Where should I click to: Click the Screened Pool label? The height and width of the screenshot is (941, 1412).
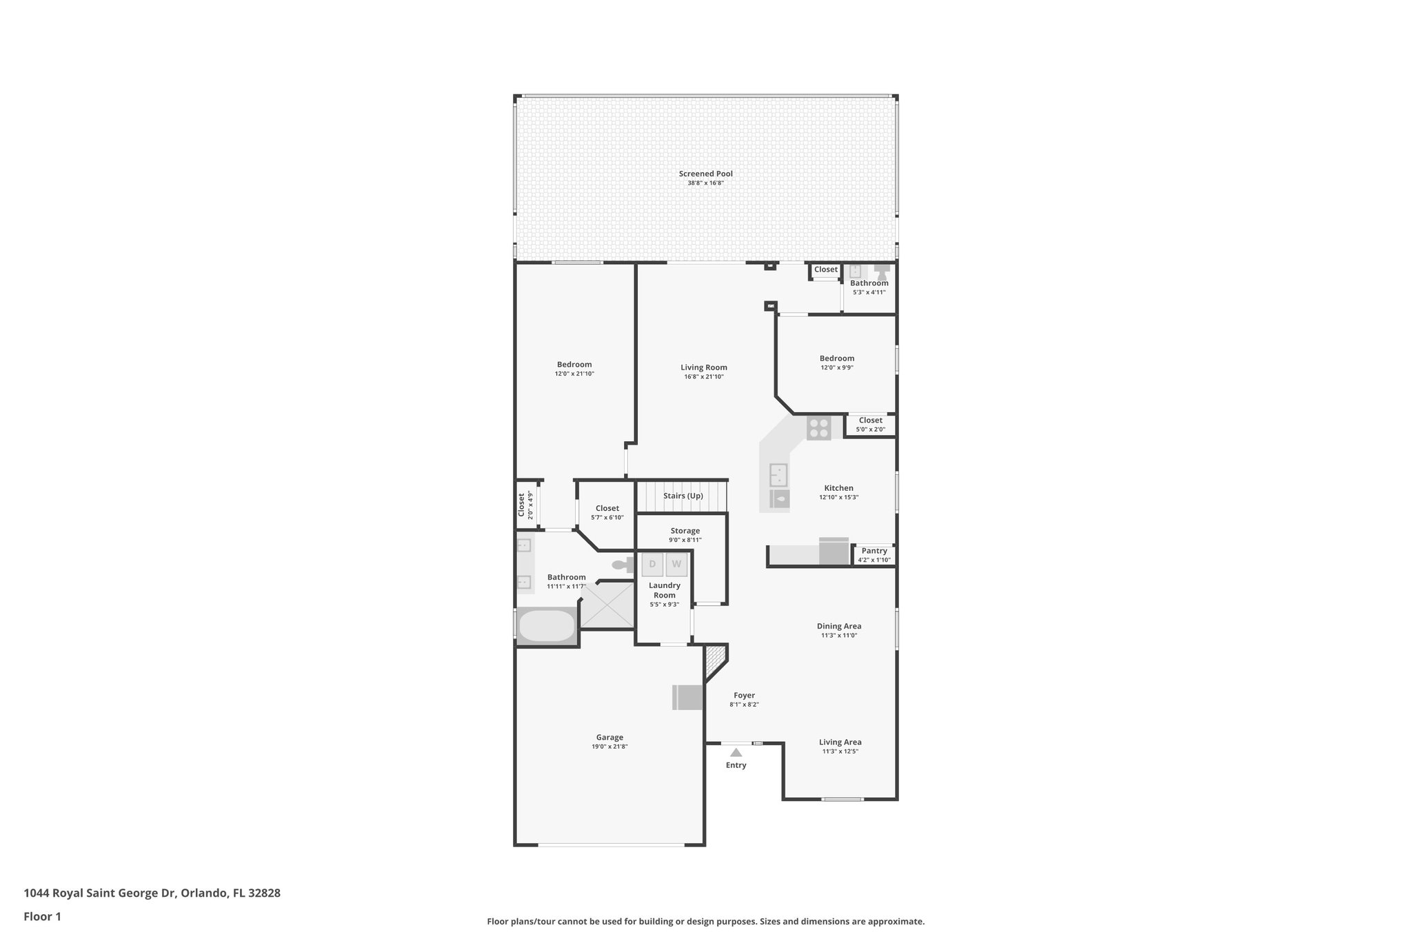(x=705, y=174)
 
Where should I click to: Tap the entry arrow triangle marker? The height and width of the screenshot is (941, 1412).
(x=736, y=753)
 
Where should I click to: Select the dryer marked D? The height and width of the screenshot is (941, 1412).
(x=652, y=564)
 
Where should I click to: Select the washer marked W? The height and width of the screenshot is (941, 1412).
(x=676, y=564)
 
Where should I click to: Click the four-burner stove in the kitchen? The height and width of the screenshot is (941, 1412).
(x=818, y=428)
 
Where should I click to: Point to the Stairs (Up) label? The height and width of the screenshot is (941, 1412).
(x=683, y=496)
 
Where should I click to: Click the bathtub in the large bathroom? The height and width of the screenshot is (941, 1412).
(x=547, y=626)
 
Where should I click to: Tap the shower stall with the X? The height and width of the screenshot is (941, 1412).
(x=607, y=605)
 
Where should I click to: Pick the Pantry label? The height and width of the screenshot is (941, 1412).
(x=874, y=551)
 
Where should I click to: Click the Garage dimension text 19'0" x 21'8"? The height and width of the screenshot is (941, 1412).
(x=609, y=747)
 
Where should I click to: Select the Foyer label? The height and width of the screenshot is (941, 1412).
(x=744, y=696)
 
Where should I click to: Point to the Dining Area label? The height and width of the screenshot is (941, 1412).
(x=839, y=626)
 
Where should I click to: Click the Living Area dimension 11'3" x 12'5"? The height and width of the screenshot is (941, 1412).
(x=840, y=751)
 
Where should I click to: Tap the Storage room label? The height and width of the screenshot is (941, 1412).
(x=685, y=531)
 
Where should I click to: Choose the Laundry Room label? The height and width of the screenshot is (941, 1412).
(x=664, y=590)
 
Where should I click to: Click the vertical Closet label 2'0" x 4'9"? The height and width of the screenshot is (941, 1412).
(x=525, y=504)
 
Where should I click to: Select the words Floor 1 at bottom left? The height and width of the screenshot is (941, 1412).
(x=43, y=916)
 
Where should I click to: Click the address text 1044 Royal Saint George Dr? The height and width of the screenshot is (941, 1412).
(x=100, y=893)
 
